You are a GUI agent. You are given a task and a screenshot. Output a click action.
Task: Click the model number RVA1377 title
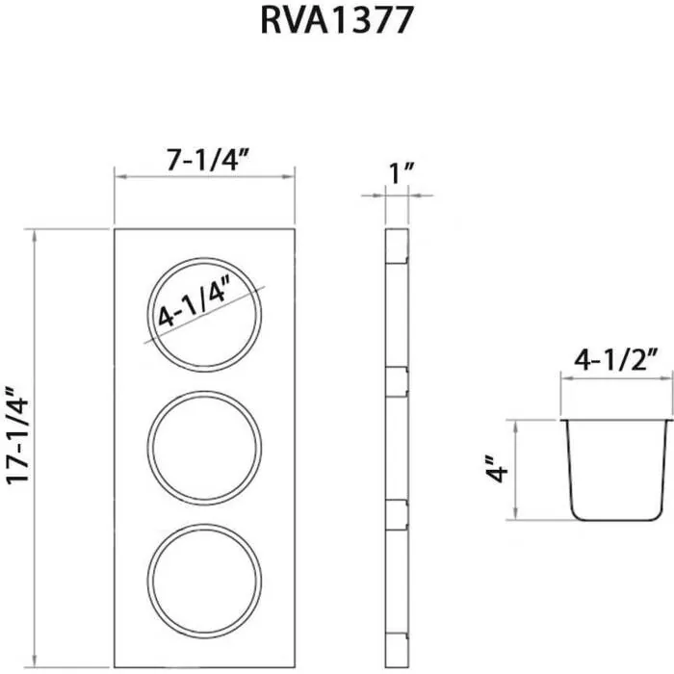click(x=336, y=21)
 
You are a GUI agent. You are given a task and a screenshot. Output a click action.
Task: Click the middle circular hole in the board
click(x=204, y=447)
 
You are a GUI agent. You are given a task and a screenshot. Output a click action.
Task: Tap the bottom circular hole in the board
click(x=204, y=580)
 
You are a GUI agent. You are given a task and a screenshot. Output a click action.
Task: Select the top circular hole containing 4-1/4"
click(x=204, y=314)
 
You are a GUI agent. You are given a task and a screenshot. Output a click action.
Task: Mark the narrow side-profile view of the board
click(x=396, y=449)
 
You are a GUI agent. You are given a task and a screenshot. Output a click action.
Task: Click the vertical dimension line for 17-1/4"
click(x=35, y=449)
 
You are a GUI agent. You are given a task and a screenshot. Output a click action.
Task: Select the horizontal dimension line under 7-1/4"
click(x=203, y=176)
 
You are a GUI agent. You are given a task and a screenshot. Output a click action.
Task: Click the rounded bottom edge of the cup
click(x=615, y=516)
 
